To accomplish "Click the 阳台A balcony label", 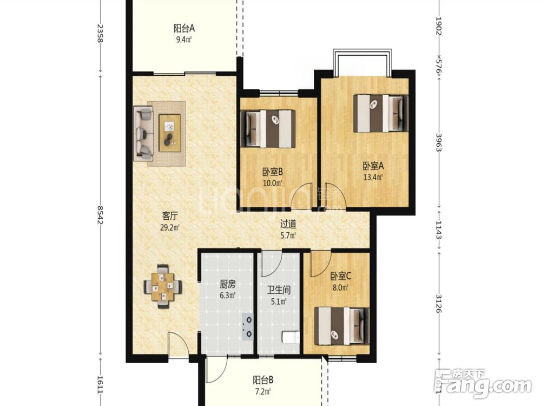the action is [x=184, y=28].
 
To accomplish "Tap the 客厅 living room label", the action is [x=170, y=217].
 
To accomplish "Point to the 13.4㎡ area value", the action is [x=373, y=178].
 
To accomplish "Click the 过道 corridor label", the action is [x=288, y=225].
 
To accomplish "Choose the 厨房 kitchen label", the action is [x=228, y=285].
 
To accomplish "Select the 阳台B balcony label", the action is [x=263, y=381].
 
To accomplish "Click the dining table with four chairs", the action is [x=163, y=286].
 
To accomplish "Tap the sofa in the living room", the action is [x=143, y=133].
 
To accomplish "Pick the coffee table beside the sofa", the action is [x=170, y=133].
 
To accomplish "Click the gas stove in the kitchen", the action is [x=248, y=326].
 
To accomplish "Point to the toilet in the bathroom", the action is [x=291, y=337].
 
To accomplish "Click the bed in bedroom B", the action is [x=268, y=129].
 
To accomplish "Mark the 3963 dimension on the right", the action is [x=439, y=142].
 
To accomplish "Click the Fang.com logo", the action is [x=483, y=383].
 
